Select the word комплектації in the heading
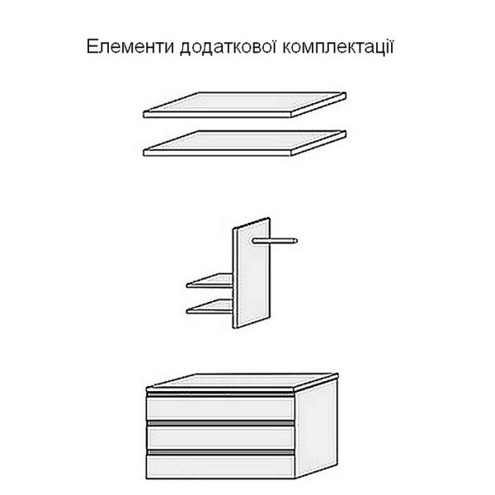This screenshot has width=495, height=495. pyautogui.click(x=338, y=46)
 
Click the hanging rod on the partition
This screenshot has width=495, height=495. pyautogui.click(x=275, y=241)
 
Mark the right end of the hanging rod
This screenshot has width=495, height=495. pyautogui.click(x=295, y=241)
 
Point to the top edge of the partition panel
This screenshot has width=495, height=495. pyautogui.click(x=252, y=224)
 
